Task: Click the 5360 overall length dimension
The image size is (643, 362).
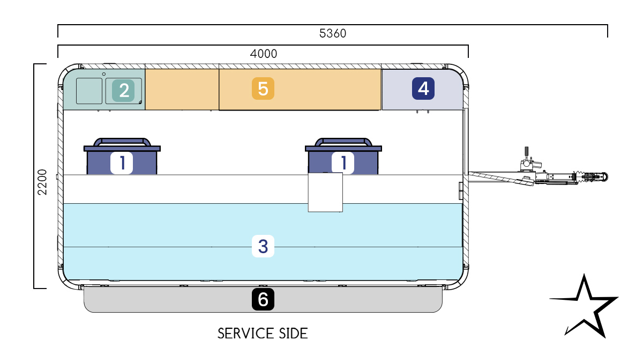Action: pos(332,33)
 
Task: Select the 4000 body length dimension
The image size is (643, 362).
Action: pos(264,54)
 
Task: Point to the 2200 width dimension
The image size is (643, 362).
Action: pos(42,182)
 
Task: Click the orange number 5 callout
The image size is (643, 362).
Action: pos(263,88)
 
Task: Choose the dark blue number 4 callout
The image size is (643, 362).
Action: pos(423,88)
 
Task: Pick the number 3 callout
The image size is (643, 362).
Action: pos(263,246)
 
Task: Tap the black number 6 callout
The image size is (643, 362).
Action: pos(263,299)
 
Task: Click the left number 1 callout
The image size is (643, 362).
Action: pos(122,162)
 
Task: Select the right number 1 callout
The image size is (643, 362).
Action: pos(343,162)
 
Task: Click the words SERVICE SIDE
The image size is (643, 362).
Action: pos(263,334)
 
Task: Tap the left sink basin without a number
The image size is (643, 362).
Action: pos(89,91)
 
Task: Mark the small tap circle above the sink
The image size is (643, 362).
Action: pos(104,74)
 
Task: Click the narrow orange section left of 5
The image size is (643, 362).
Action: pos(182,89)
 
